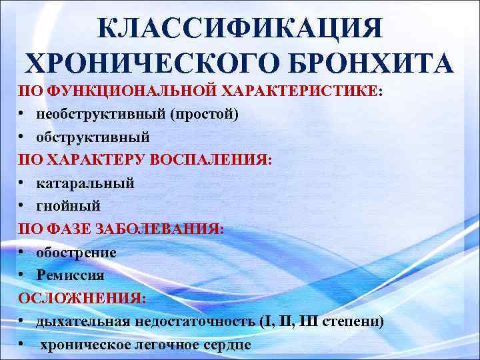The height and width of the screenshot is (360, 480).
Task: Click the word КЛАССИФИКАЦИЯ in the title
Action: click(x=240, y=28)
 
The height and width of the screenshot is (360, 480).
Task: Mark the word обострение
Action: click(x=76, y=252)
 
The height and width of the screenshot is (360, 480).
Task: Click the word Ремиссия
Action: click(x=70, y=274)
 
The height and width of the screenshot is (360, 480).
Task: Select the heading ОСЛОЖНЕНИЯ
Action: click(x=81, y=297)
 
